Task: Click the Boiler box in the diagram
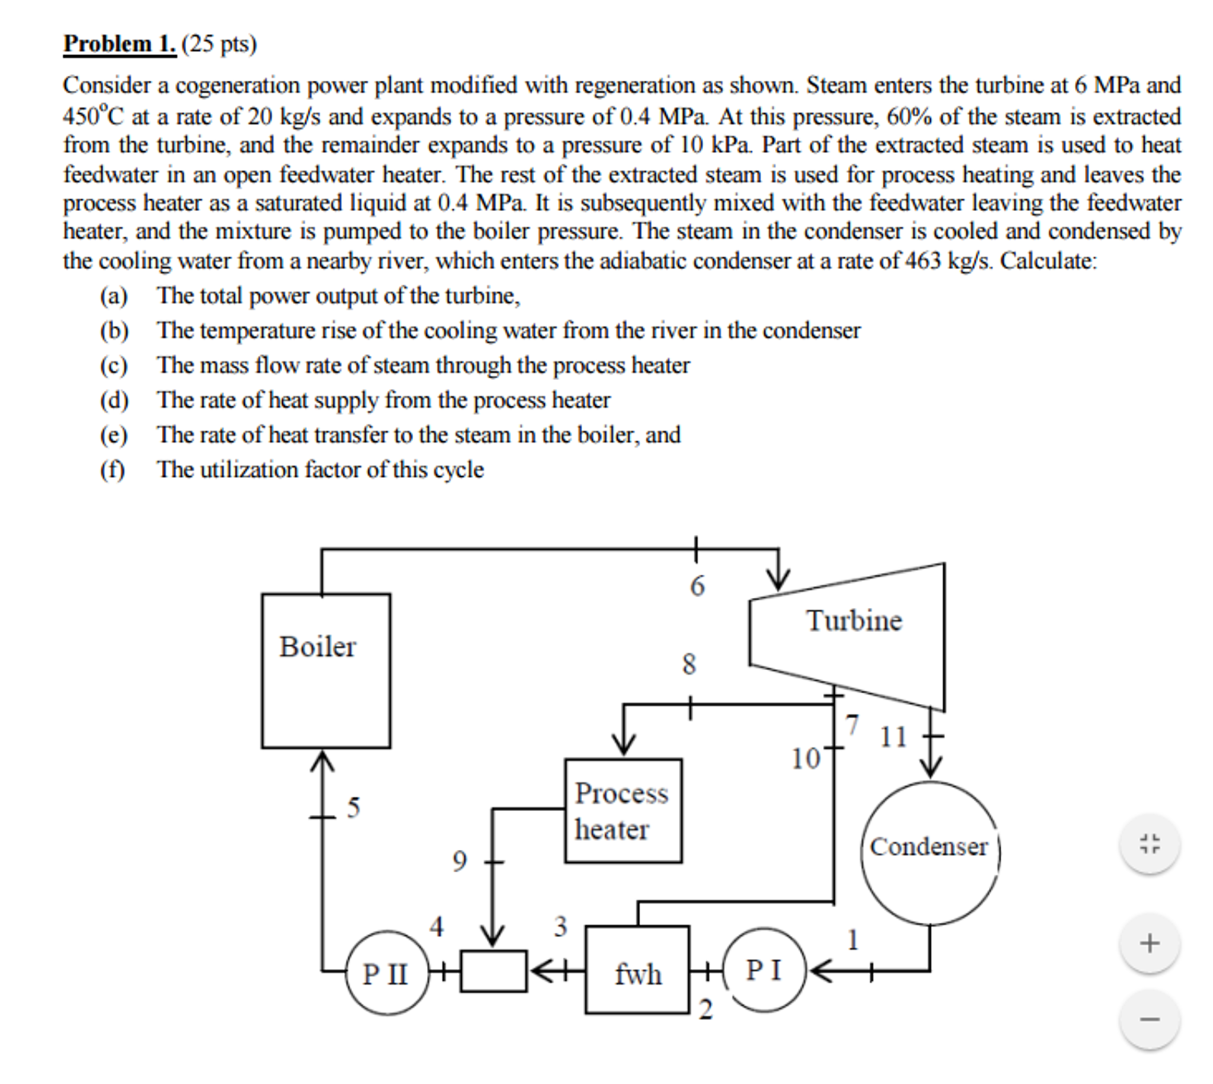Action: tap(325, 670)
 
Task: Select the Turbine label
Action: tap(854, 621)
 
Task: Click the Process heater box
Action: tap(623, 811)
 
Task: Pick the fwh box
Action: tap(637, 969)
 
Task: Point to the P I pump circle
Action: tap(764, 970)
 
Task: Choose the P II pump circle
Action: tap(387, 973)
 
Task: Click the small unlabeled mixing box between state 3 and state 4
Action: tap(493, 971)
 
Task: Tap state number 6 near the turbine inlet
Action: tap(697, 585)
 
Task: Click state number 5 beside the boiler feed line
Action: tap(354, 808)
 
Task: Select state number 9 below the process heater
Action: tap(459, 860)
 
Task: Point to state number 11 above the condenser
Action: tap(893, 737)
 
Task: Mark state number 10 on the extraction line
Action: tap(805, 759)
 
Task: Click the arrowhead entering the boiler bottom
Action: tap(322, 760)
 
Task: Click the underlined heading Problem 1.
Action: tap(120, 44)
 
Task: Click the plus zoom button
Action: tap(1150, 943)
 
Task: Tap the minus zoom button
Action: tap(1150, 1019)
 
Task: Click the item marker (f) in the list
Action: tap(113, 470)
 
